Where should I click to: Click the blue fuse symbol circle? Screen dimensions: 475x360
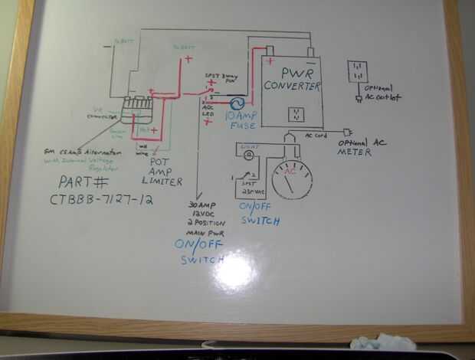coord(236,102)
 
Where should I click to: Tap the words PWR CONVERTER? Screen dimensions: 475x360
coord(290,79)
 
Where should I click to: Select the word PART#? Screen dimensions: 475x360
coord(84,183)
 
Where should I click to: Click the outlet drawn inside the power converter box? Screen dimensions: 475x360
coord(295,114)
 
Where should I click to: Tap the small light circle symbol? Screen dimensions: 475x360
coord(249,155)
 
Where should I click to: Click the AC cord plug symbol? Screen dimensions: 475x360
coord(347,132)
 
